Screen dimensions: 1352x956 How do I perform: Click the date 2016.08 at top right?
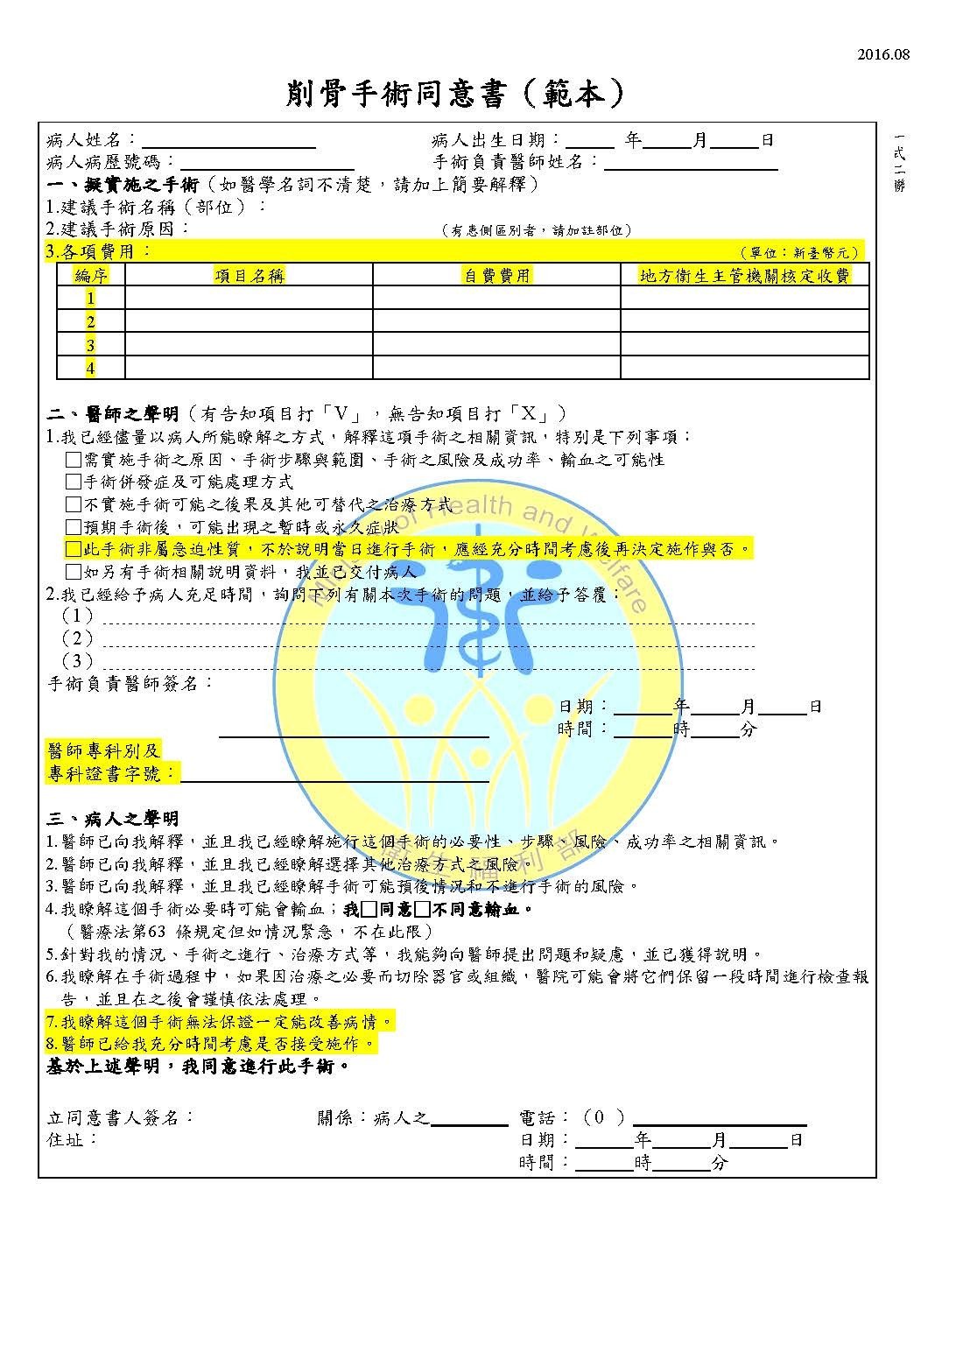[883, 54]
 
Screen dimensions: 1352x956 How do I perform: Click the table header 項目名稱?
[250, 276]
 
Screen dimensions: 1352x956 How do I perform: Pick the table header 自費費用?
[496, 276]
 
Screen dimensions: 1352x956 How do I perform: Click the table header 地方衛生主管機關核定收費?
[744, 276]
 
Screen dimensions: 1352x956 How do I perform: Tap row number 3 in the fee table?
[90, 345]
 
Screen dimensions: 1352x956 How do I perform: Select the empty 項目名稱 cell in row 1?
[250, 299]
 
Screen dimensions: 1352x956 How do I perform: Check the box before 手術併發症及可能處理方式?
[74, 482]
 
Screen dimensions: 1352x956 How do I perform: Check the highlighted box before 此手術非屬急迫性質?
[74, 549]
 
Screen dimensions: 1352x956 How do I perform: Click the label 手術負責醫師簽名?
[130, 683]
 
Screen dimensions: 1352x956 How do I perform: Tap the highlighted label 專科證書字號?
[111, 774]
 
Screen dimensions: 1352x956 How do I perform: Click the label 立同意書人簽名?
[120, 1117]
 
